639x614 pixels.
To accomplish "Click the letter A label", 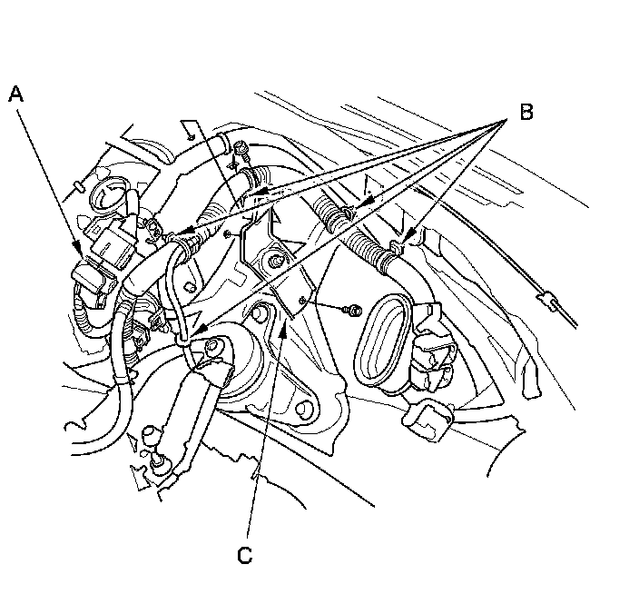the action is point(16,94).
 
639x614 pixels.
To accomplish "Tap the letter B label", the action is point(526,112).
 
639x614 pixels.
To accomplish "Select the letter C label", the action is point(244,555).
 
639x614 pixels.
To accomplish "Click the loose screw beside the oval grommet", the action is point(353,311).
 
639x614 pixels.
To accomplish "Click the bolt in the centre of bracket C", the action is point(277,260).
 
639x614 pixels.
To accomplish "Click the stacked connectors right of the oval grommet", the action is point(433,347).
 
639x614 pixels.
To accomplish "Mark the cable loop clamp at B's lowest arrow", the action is point(183,338).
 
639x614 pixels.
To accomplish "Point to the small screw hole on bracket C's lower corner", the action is point(302,301).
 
